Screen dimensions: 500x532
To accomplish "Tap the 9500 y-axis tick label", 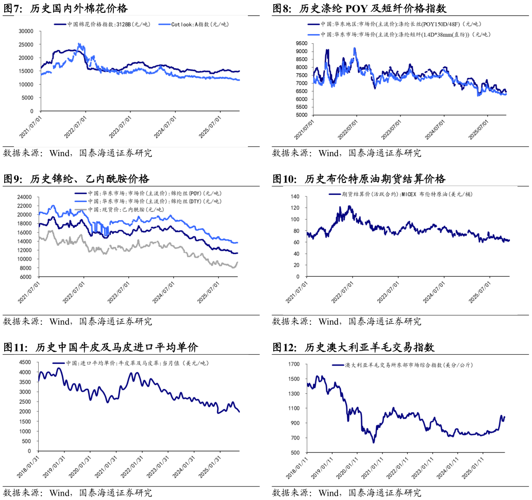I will click(x=301, y=44).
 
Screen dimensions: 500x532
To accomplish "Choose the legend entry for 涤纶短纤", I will click(x=404, y=35).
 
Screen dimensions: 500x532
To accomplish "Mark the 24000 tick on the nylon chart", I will click(x=25, y=197).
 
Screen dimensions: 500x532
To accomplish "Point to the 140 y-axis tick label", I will click(x=295, y=196).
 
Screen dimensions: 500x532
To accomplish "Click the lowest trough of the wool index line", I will click(x=373, y=442).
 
